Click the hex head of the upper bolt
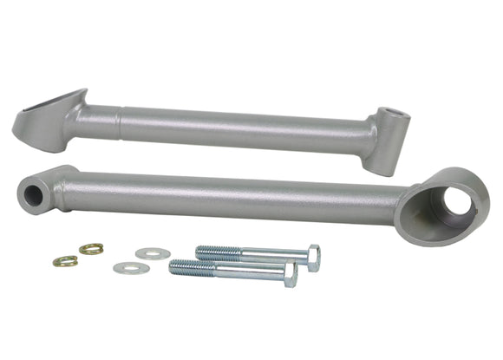[312, 257]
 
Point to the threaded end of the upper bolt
[212, 252]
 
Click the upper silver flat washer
[152, 253]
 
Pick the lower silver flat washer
[131, 267]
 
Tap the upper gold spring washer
[91, 249]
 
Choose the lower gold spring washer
[65, 260]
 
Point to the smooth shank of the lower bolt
[247, 272]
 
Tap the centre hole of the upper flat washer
[152, 253]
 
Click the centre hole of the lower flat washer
[131, 267]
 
